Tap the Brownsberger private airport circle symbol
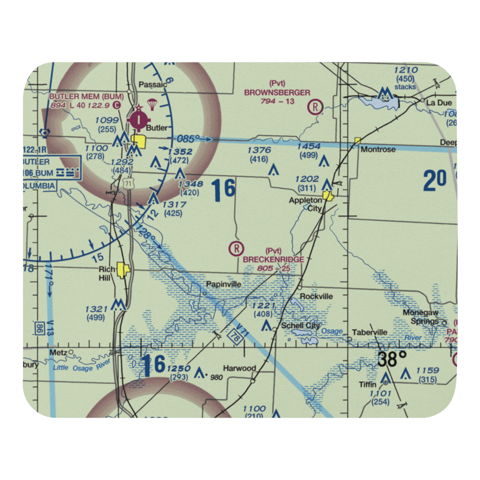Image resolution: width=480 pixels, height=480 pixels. coord(315,106)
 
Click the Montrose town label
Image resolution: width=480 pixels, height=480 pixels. coord(379,149)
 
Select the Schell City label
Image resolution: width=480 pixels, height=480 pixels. coord(300,325)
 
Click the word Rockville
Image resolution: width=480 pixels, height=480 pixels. coord(316,296)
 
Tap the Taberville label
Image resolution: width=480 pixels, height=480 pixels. coord(370,332)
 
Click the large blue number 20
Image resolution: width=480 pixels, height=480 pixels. coord(435,181)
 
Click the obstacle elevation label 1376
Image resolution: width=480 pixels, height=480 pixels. coord(259,151)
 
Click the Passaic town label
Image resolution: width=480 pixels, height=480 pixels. coord(153,84)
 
